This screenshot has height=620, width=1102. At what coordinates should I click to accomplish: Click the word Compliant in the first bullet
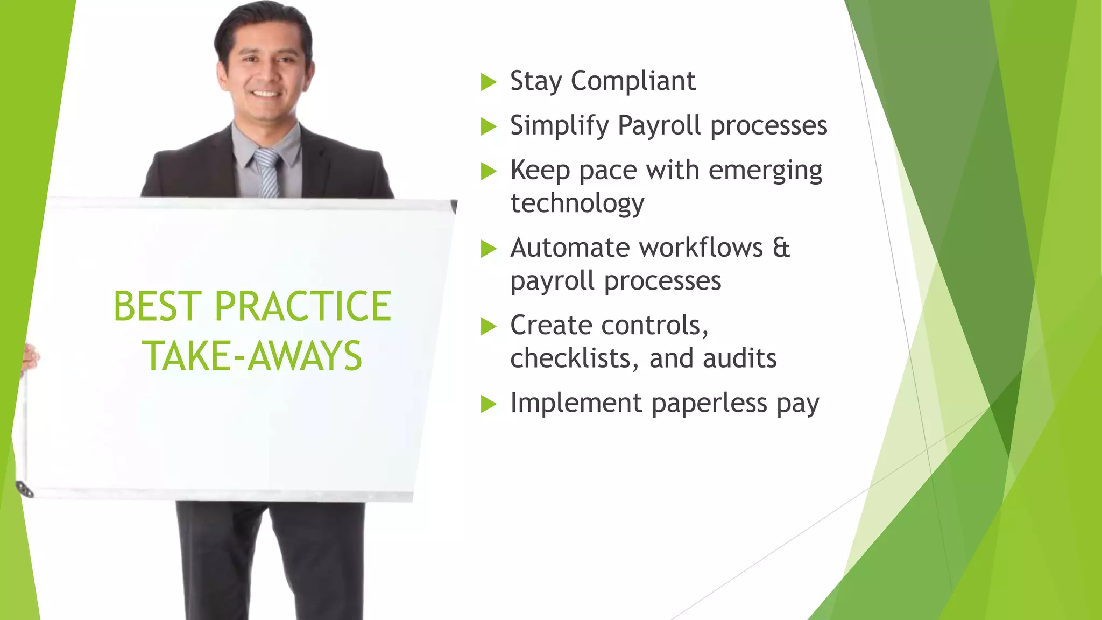pos(633,81)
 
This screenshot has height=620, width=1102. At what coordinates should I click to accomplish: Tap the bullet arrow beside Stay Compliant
pos(489,82)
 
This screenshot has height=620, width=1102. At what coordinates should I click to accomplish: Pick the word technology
pos(577,204)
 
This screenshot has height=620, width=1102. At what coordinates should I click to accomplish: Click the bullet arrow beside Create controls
pos(489,327)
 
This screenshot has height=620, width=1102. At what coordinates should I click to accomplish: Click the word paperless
pos(709,404)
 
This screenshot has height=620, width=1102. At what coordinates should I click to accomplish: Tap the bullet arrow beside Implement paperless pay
pos(489,404)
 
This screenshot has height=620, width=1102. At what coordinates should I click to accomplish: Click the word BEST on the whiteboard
pos(157,306)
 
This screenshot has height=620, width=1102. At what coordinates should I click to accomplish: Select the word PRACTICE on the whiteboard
pos(302,306)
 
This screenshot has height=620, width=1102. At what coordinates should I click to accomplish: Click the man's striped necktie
pos(267,173)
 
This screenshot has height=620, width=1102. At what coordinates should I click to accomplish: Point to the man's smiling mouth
pos(266,95)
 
